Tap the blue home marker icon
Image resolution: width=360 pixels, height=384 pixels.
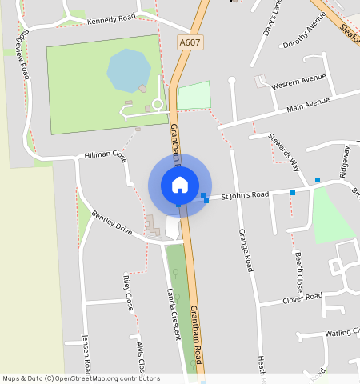click(180, 185)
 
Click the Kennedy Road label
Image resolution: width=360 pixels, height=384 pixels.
click(111, 20)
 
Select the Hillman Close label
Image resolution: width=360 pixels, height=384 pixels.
click(106, 154)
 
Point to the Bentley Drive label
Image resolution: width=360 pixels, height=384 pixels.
click(111, 222)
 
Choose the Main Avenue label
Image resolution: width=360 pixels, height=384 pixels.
click(308, 104)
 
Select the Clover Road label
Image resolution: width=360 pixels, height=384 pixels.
click(302, 298)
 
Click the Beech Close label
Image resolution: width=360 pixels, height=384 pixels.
click(297, 272)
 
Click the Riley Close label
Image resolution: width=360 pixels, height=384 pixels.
click(128, 291)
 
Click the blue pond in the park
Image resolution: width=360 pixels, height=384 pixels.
click(128, 70)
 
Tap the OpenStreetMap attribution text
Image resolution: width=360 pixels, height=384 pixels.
click(81, 378)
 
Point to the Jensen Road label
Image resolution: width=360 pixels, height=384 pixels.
click(86, 353)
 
